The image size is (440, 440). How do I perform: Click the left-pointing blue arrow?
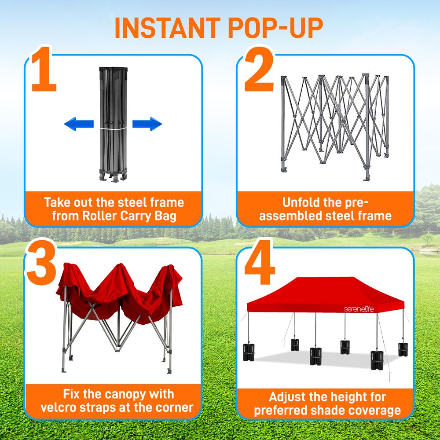[x=79, y=124]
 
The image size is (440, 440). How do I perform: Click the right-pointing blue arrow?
[x=147, y=124]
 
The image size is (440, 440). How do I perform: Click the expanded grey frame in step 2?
[x=334, y=123]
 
